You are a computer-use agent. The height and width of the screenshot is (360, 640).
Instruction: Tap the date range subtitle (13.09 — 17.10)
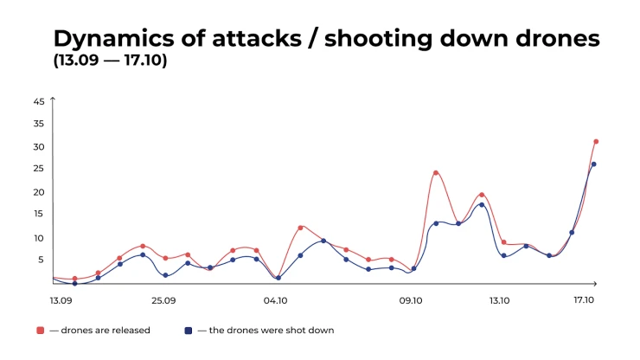110,61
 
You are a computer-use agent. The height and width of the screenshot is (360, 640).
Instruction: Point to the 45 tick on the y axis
39,101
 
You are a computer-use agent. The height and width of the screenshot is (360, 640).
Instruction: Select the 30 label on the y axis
39,147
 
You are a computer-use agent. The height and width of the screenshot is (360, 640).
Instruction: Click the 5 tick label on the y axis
41,260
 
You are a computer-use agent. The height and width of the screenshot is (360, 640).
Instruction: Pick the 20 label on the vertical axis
39,192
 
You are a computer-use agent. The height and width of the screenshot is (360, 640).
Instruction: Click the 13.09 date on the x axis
61,301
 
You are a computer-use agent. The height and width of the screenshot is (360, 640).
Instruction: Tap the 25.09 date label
163,301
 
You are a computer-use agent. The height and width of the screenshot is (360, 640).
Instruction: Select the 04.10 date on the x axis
276,301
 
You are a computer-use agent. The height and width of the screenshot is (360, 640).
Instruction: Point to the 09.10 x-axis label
411,301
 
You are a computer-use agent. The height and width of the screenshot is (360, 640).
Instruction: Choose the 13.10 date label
500,301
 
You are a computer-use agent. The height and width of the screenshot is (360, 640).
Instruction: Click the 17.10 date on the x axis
584,300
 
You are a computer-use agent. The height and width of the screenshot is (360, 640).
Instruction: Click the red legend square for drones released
40,331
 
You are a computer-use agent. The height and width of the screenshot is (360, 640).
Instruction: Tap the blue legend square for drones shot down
189,331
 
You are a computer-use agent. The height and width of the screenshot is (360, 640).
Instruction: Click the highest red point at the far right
596,141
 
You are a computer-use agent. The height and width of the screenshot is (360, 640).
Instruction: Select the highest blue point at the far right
593,164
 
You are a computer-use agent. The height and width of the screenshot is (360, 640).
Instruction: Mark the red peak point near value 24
436,173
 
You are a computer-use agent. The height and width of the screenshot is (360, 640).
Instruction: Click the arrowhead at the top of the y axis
53,99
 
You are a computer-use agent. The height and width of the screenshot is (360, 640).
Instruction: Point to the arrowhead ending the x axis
595,283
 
